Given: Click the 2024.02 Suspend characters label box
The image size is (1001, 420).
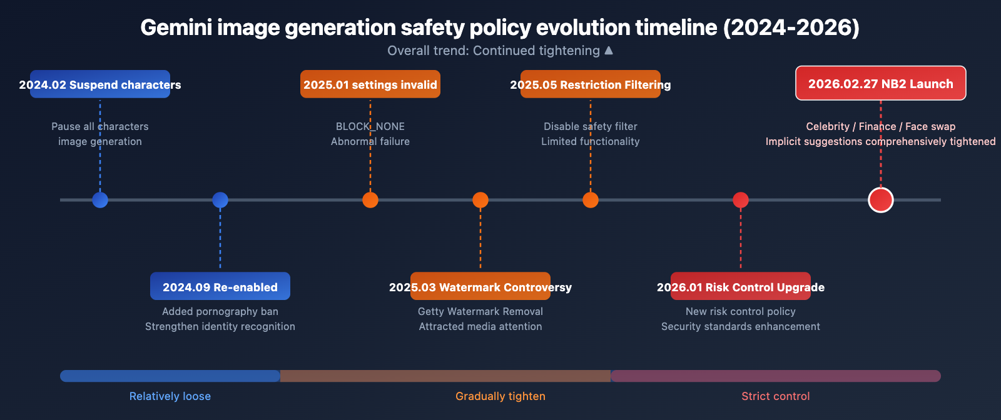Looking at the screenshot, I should pos(100,84).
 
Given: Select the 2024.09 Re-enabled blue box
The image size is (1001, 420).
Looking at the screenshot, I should pos(220,286).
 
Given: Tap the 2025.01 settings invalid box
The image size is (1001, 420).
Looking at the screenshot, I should pos(370,84).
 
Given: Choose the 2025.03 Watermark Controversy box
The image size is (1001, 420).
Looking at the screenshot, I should pos(480,286).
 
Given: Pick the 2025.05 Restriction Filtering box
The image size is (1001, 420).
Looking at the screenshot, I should pos(591,84).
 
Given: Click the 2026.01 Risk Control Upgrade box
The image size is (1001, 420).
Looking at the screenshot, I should pos(741,286).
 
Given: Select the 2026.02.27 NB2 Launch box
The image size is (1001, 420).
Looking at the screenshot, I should pos(881,83).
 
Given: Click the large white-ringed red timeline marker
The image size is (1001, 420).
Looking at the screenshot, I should pos(881,200).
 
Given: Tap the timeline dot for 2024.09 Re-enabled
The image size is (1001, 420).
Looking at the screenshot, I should pos(220,200).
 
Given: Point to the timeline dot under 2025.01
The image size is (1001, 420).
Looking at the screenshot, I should pos(370,200).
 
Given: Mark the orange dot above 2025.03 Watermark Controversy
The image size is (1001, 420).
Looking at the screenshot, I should pos(480,200).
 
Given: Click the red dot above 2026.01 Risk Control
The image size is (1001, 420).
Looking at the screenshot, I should pos(741,200).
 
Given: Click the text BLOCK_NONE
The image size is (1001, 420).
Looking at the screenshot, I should pos(370,126).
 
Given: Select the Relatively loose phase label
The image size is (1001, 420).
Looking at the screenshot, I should pos(170,396).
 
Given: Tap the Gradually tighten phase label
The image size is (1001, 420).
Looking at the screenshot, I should pos(500,396).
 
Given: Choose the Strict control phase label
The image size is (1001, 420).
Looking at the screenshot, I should pos(776,396).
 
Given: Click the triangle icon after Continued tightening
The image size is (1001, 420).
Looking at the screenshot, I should pos(609,50).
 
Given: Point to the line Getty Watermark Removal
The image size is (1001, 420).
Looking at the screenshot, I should pos(480,311).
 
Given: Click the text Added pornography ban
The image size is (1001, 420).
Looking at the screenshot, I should pos(220,311).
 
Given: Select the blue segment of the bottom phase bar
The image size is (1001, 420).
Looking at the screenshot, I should pos(170,376).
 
